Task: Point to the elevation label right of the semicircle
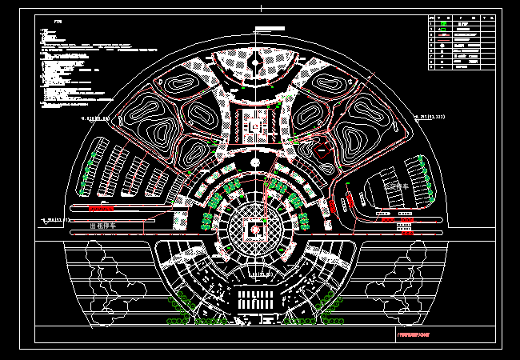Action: click(x=428, y=117)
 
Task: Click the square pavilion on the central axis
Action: click(x=255, y=126)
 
